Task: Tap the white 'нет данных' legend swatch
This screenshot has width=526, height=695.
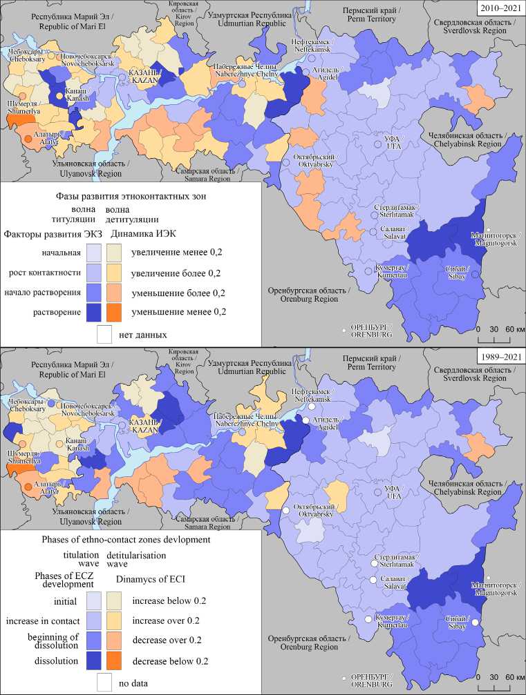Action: pos(104,334)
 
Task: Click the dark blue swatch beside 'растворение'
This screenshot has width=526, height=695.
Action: pos(93,311)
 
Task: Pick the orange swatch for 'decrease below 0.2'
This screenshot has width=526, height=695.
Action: pos(115,660)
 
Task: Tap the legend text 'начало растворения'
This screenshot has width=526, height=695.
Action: pos(42,292)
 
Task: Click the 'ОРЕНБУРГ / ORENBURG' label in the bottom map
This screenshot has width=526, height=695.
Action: pos(372,678)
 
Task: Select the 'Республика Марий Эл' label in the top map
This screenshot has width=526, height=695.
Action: pos(52,17)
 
